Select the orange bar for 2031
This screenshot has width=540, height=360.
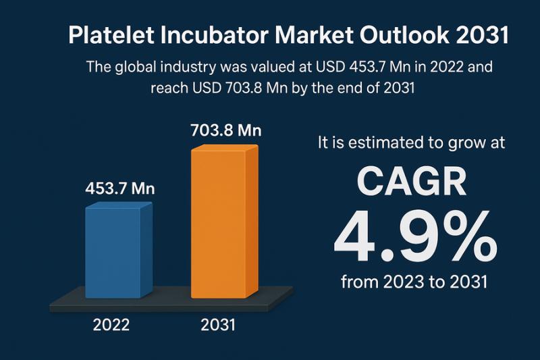click(223, 223)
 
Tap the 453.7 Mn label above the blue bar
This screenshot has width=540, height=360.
click(120, 188)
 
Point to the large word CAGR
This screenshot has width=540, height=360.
click(412, 183)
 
